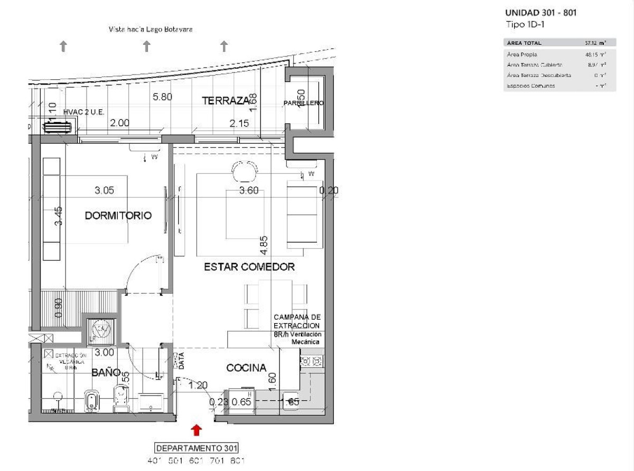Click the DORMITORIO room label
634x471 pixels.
[x=118, y=215]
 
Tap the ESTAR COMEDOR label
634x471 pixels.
[x=249, y=267]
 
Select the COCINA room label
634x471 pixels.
[x=246, y=368]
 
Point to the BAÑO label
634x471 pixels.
[x=106, y=372]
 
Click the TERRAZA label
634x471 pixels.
[x=225, y=101]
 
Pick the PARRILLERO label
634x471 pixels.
[x=303, y=103]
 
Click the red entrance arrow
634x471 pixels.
[x=197, y=430]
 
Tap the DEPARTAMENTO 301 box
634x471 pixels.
[x=197, y=447]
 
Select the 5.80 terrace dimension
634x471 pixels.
[x=162, y=97]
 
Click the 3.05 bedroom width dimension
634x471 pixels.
[x=104, y=191]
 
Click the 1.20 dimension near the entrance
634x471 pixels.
[x=198, y=385]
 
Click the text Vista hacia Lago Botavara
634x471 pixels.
[x=151, y=30]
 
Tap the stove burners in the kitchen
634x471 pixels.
[x=311, y=362]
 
